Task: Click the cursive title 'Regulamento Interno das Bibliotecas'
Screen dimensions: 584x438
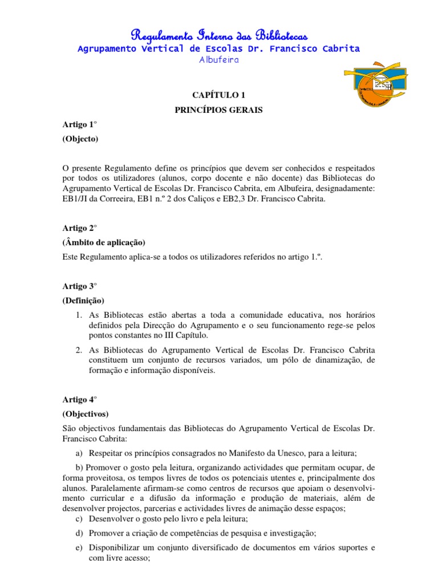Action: (x=218, y=34)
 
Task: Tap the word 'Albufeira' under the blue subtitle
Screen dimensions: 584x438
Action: (x=218, y=59)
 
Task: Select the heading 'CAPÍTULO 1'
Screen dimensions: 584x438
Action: (x=218, y=94)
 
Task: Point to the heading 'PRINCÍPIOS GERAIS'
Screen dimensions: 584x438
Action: (x=218, y=110)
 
